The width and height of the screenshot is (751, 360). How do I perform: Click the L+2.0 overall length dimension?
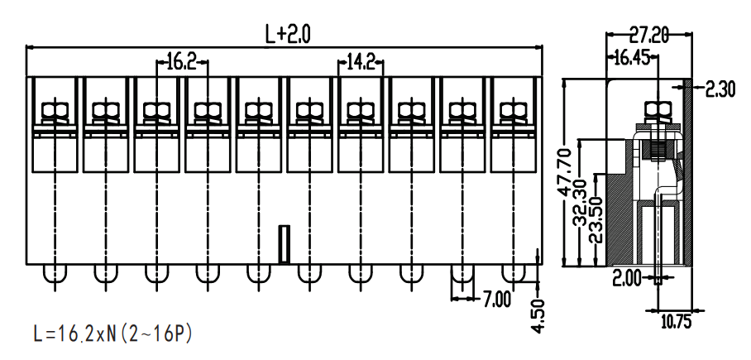(x=287, y=34)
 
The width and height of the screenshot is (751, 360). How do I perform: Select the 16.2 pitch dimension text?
(x=182, y=61)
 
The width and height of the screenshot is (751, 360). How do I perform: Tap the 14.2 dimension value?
(x=361, y=62)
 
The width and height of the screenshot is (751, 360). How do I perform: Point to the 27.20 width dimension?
(x=648, y=35)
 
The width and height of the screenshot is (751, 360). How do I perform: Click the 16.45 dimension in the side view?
(x=632, y=58)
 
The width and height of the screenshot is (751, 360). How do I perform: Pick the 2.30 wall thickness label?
(x=720, y=89)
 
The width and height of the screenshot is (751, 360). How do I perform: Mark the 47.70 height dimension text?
(x=565, y=173)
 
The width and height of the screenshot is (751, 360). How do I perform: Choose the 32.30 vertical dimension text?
(x=580, y=203)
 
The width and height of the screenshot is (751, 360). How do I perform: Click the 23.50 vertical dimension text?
(x=596, y=220)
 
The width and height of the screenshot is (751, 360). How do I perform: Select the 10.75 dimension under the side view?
(x=677, y=322)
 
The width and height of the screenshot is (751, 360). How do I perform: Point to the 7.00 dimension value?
(x=495, y=300)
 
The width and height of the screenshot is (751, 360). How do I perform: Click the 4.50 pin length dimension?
(x=538, y=315)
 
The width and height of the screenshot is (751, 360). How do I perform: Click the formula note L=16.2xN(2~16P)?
(x=113, y=334)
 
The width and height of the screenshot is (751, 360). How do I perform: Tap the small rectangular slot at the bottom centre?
(x=284, y=244)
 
